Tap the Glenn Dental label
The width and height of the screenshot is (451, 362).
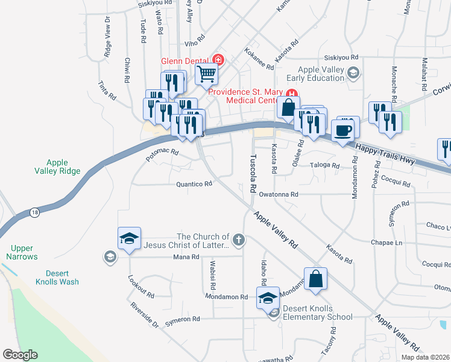[x=183, y=60]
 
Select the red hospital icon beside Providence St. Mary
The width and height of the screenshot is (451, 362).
[x=292, y=94]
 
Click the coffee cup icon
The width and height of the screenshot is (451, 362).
[x=342, y=130]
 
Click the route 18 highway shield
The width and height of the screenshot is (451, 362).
[x=34, y=212]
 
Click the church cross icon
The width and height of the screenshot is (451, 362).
[x=239, y=241]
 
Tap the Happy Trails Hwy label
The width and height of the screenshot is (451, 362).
[x=385, y=154]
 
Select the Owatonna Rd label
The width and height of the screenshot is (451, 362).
[x=279, y=194]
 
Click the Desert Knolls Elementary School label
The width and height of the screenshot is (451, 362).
[x=317, y=313]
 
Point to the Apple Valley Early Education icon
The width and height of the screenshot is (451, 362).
[x=354, y=73]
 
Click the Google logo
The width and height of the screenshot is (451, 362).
[x=20, y=355]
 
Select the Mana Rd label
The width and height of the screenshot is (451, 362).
[x=186, y=257]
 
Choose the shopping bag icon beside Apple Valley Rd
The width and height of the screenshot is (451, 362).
[x=315, y=279]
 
